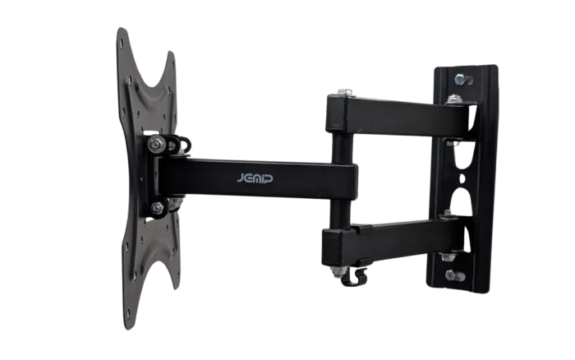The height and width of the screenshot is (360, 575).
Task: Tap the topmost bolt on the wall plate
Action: [x=457, y=80]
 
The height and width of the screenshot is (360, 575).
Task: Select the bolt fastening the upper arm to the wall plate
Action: [x=453, y=100]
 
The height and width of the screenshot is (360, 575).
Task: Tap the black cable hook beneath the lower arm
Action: [x=356, y=278]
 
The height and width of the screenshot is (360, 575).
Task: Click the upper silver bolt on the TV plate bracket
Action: [x=156, y=145]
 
